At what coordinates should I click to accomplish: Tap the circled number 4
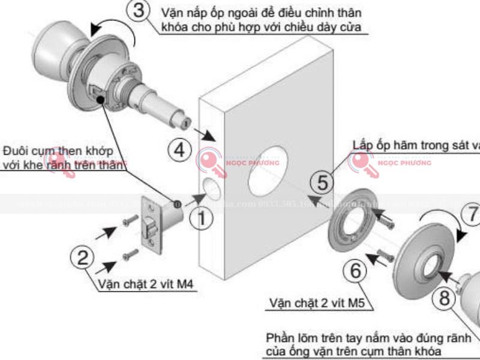coord(178,149)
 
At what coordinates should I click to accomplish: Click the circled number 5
coord(323,182)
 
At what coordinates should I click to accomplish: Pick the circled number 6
coord(355,272)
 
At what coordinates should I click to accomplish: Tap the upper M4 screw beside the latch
coord(129,221)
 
